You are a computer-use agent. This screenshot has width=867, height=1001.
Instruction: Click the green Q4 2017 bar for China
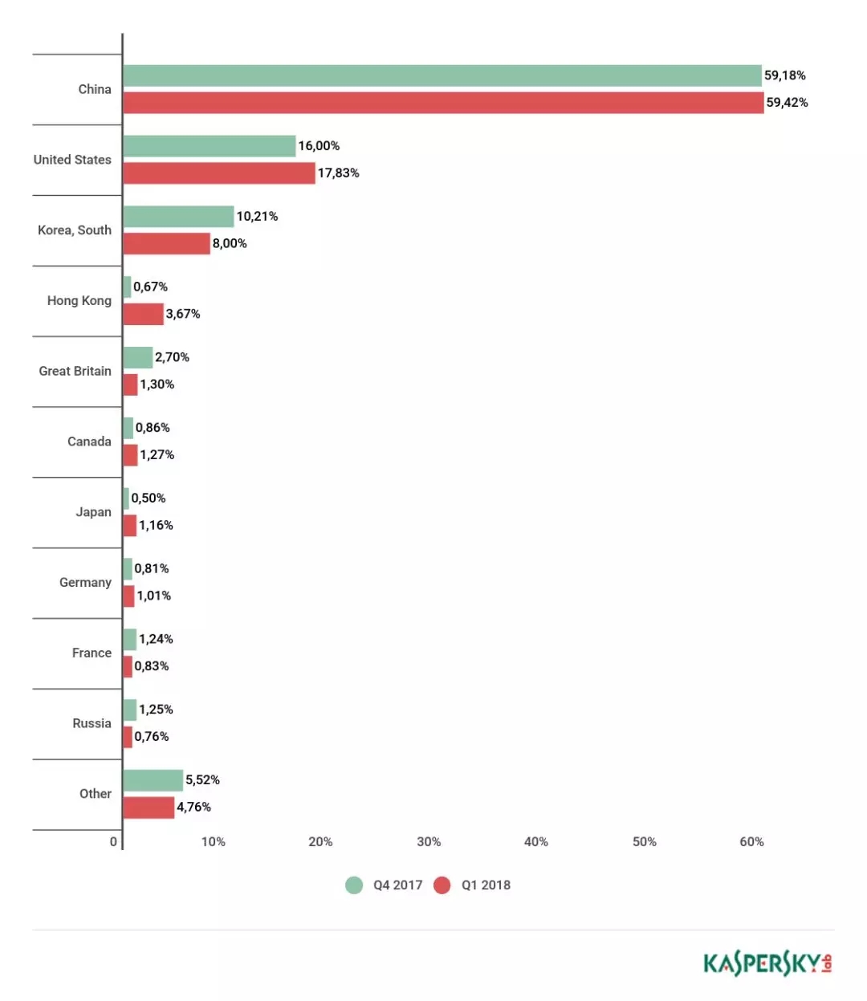point(442,75)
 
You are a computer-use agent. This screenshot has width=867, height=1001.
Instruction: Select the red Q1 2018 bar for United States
point(218,173)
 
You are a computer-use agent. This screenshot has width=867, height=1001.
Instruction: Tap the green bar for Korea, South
point(178,217)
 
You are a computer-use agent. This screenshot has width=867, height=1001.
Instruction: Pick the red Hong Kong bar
point(143,314)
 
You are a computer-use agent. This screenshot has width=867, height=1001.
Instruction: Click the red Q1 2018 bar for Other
point(149,808)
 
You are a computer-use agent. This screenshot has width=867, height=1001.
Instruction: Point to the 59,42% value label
point(787,103)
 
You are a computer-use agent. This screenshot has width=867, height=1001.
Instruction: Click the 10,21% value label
point(257,217)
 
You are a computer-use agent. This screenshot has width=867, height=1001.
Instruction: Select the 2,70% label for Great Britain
point(172,357)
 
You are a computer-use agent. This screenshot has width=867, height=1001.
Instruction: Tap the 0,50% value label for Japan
point(149,498)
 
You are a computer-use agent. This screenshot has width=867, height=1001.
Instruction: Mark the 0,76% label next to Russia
point(152,737)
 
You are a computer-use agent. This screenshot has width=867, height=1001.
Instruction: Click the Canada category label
point(89,441)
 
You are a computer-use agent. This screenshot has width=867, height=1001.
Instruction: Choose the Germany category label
point(85,583)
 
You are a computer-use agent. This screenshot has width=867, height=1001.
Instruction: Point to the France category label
point(92,653)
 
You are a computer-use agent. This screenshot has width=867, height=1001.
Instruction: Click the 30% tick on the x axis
point(429,842)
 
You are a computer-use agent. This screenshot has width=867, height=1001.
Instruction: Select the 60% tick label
point(751,842)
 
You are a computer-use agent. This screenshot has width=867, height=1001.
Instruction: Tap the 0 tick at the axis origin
point(113,842)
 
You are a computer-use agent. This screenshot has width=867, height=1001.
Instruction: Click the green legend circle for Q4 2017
point(354,885)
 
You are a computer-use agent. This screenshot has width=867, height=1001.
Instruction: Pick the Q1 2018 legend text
point(486,885)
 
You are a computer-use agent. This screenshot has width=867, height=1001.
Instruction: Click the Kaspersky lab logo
point(767,962)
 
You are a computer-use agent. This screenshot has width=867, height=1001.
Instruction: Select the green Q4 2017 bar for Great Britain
point(137,358)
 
